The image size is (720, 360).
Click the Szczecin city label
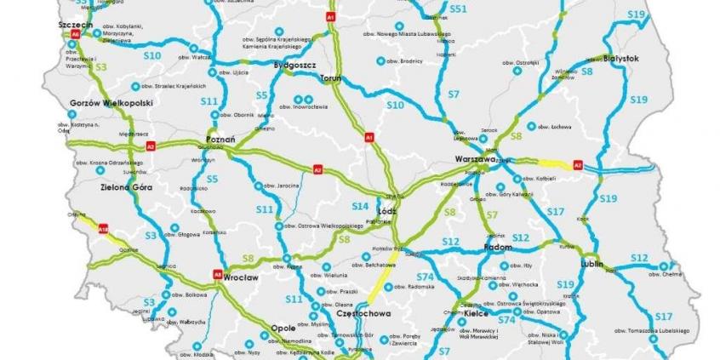(76, 25)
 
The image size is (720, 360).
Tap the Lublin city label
(612, 264)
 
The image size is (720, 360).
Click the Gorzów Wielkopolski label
(111, 103)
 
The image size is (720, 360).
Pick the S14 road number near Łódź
(361, 206)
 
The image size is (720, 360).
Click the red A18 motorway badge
(103, 228)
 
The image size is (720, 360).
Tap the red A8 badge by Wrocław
(218, 274)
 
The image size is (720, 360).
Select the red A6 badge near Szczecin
(75, 35)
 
